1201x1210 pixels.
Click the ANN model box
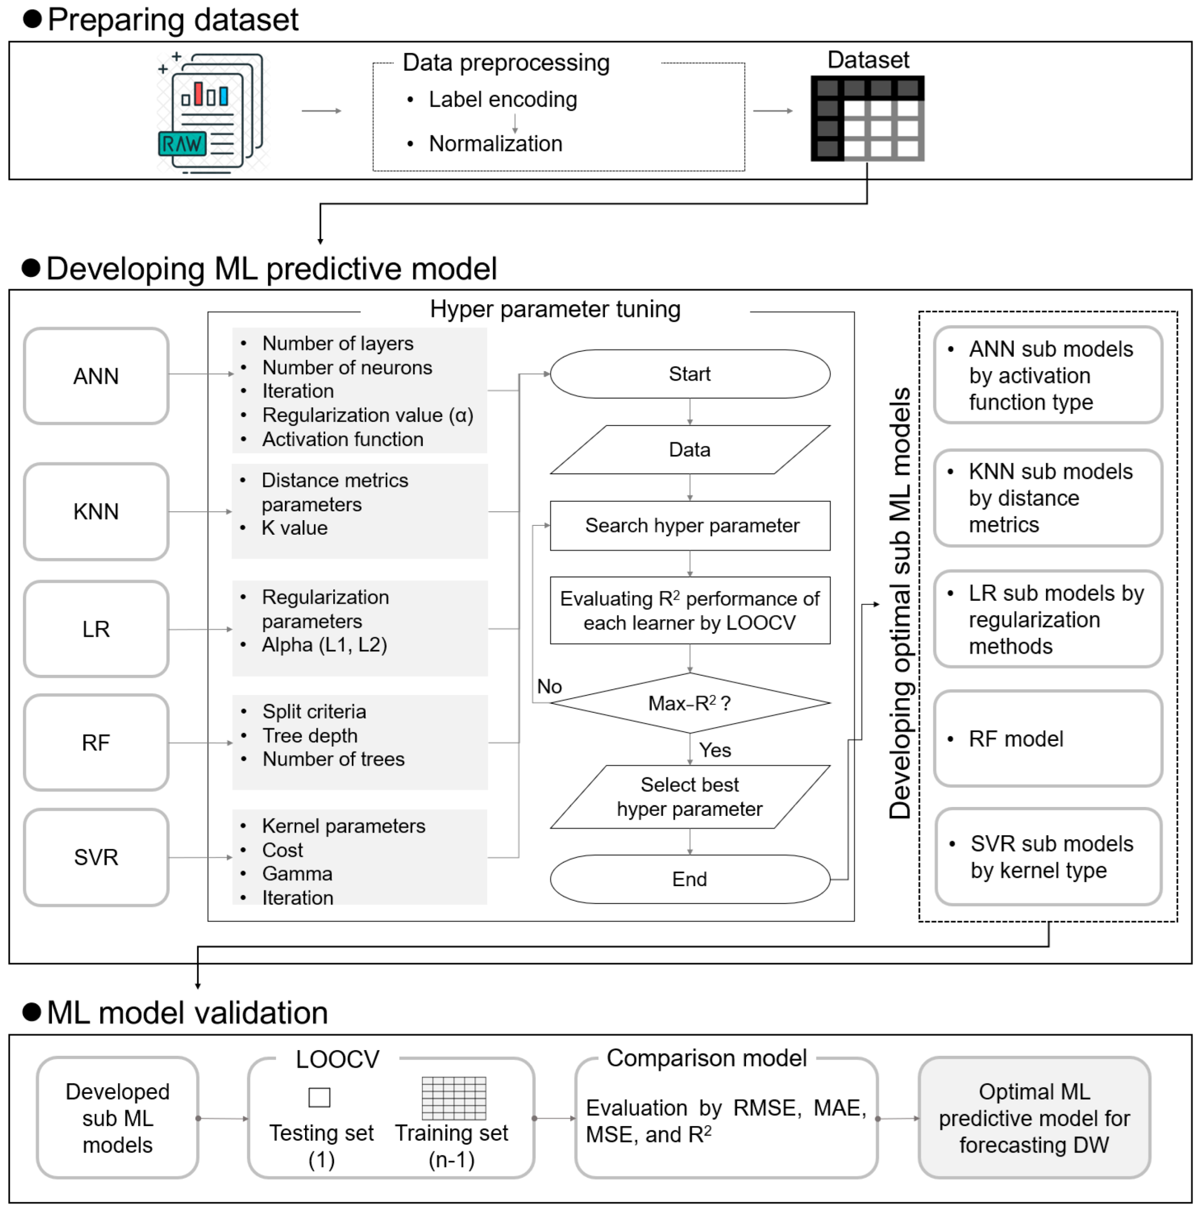(x=96, y=376)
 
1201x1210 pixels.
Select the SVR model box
(x=96, y=857)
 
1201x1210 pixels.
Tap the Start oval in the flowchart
(x=689, y=374)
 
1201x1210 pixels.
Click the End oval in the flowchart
(x=689, y=879)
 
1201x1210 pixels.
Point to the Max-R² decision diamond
(x=689, y=703)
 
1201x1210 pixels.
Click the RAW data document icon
(x=210, y=113)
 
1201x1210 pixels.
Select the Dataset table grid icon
(x=867, y=118)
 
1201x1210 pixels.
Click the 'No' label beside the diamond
(x=549, y=686)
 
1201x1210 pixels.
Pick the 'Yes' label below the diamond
(x=714, y=750)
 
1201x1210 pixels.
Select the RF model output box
(x=1047, y=739)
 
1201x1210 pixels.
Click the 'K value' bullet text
(x=294, y=528)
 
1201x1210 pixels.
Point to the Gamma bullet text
(x=297, y=874)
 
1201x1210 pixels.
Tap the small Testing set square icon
(x=319, y=1097)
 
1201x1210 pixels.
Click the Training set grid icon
(x=454, y=1098)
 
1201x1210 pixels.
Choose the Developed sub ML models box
(x=117, y=1118)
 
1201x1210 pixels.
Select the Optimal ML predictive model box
(x=1034, y=1118)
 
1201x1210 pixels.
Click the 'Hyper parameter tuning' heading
(x=555, y=309)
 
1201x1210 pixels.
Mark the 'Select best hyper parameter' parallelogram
(x=689, y=797)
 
